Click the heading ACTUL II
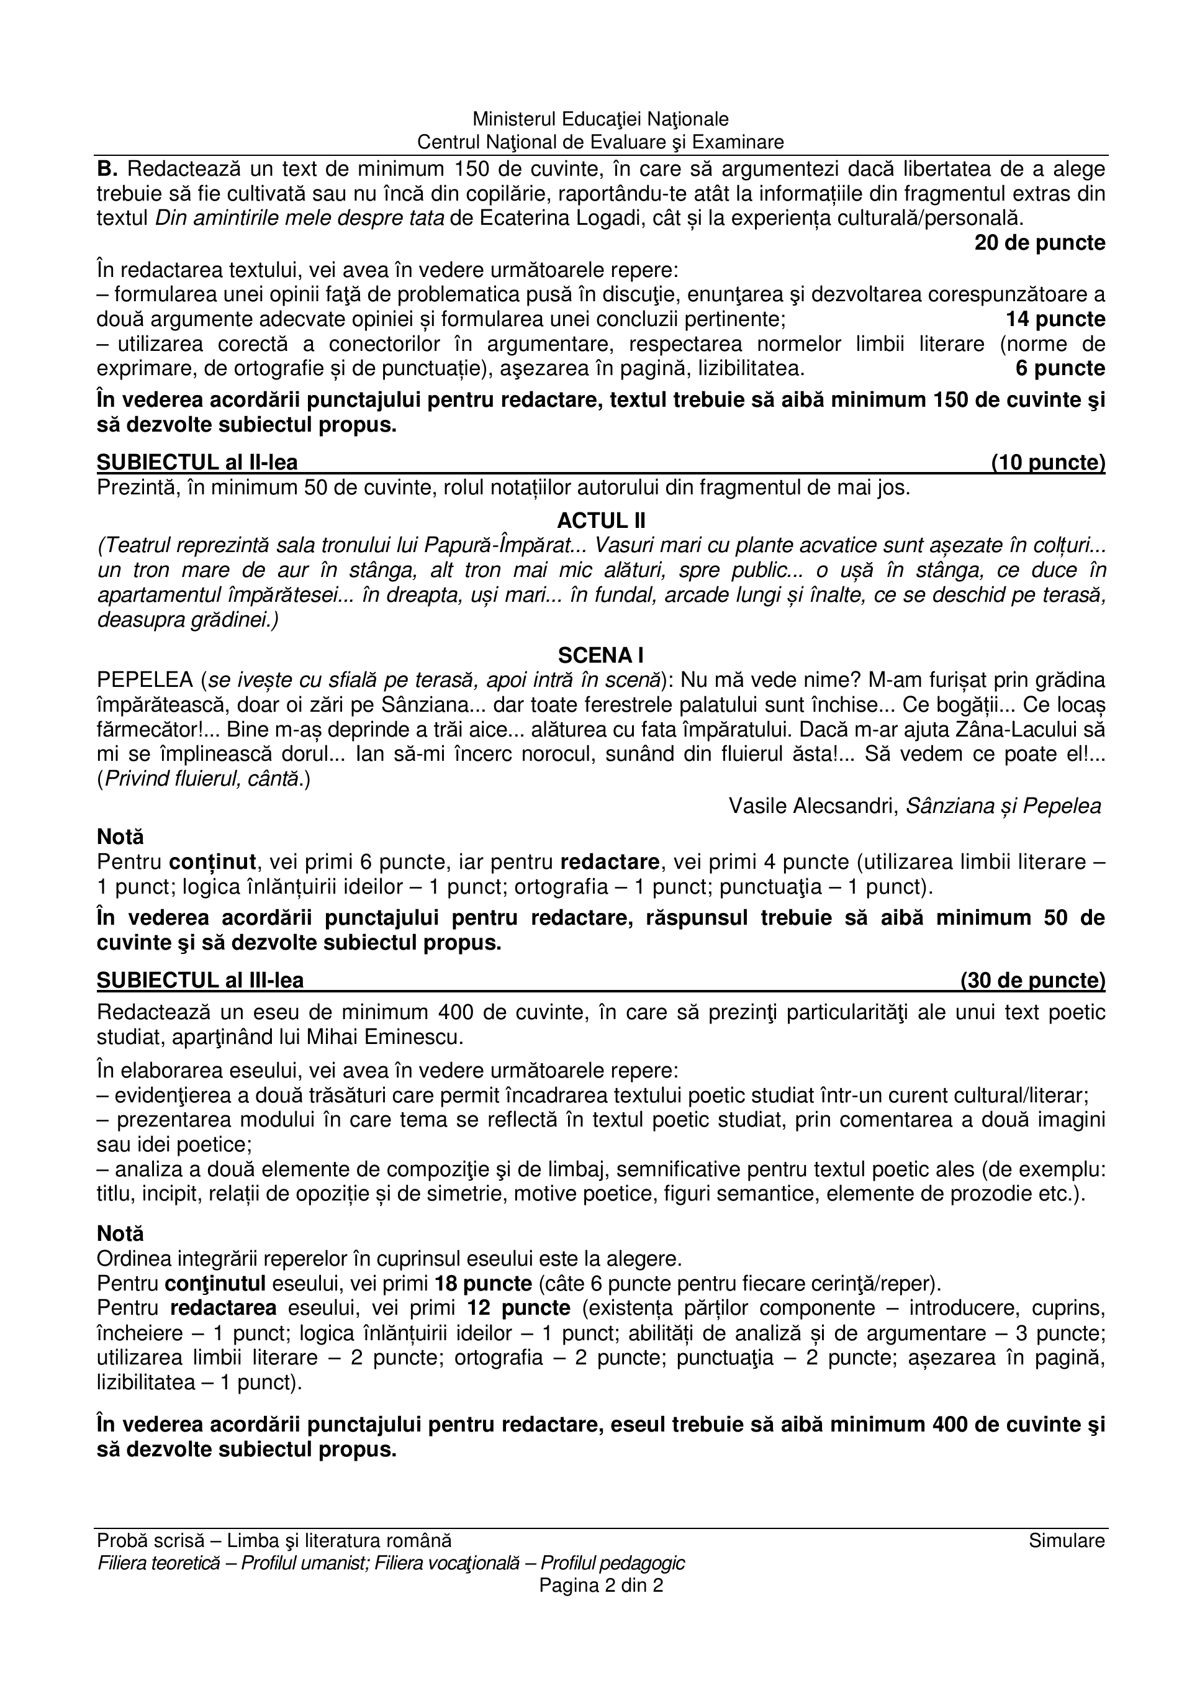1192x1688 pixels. tap(601, 520)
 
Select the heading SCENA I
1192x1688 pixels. tap(601, 655)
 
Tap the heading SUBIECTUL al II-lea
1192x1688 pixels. tap(197, 463)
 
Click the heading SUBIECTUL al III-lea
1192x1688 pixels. tap(201, 980)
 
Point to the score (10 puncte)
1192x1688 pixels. tap(1048, 463)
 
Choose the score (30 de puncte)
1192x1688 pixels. tap(1032, 980)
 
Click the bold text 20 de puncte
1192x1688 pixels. tap(1040, 243)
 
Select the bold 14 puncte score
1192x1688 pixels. tap(1055, 319)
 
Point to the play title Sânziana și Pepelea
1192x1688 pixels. tap(1004, 807)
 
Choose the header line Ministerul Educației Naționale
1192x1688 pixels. tap(601, 119)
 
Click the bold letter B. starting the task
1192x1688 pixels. tap(108, 169)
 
